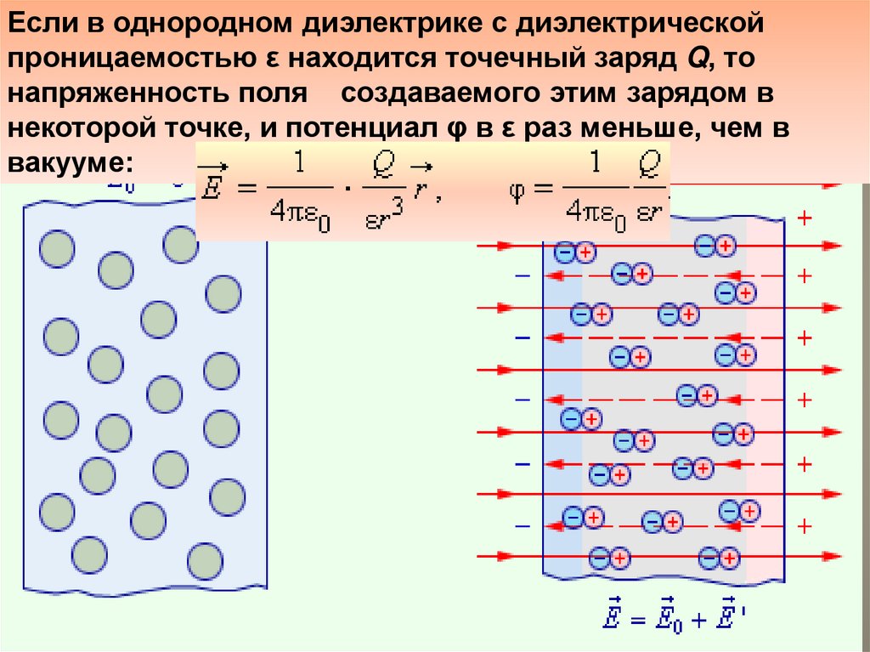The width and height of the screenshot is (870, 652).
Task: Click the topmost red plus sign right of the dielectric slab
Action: click(x=805, y=218)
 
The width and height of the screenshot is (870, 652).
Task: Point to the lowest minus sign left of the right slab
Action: click(x=521, y=524)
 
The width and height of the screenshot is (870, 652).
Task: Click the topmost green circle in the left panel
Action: click(x=180, y=245)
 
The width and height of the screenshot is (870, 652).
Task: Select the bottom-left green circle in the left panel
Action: click(x=90, y=553)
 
